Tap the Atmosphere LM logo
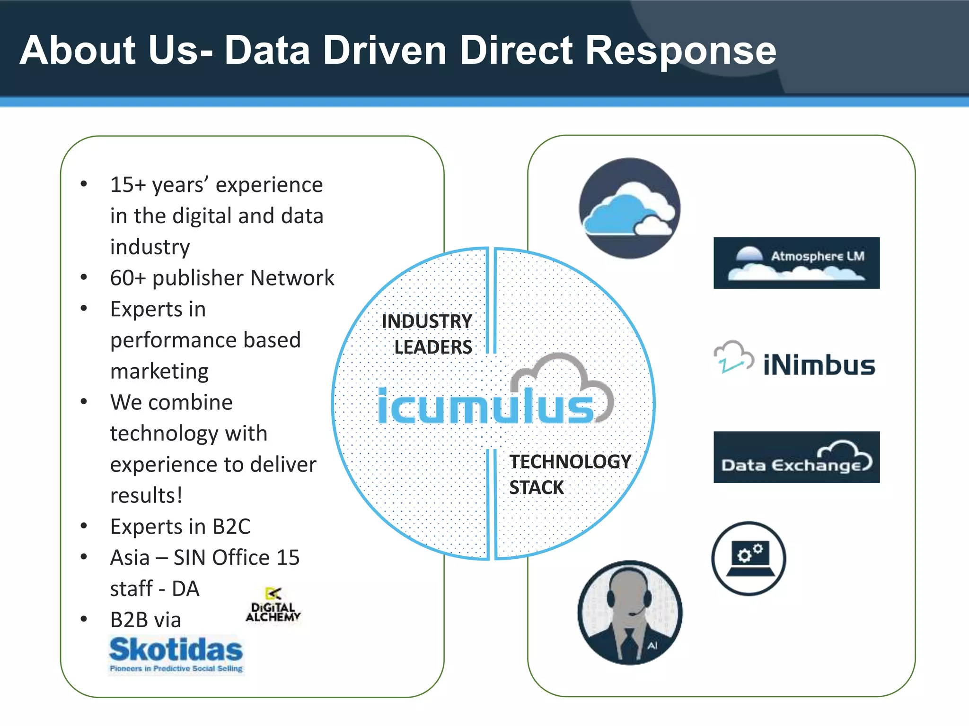[796, 263]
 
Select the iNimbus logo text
[819, 365]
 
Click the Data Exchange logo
[796, 457]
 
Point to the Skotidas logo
[176, 654]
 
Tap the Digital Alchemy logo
[273, 605]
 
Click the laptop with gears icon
[749, 558]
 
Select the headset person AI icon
[630, 613]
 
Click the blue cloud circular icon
[629, 208]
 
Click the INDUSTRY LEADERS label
[427, 334]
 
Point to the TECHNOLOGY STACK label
[569, 474]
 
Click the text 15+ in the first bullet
[128, 185]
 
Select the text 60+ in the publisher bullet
[128, 278]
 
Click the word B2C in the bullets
[231, 527]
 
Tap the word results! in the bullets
[146, 495]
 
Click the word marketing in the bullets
[159, 371]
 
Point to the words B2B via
[146, 620]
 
